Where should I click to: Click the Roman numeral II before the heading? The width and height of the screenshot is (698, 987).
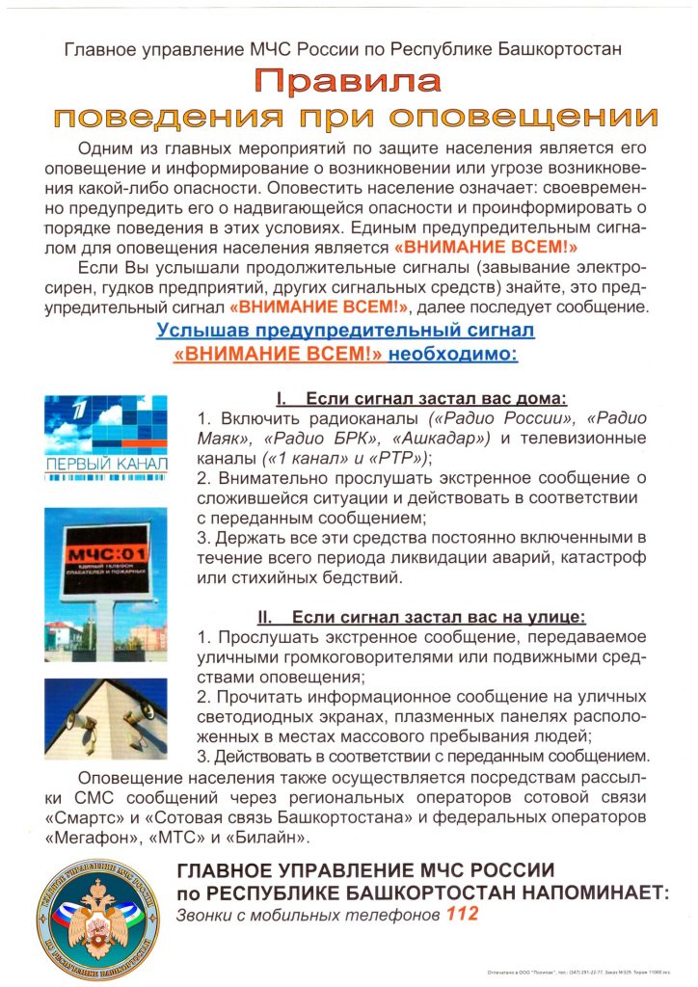[267, 617]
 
